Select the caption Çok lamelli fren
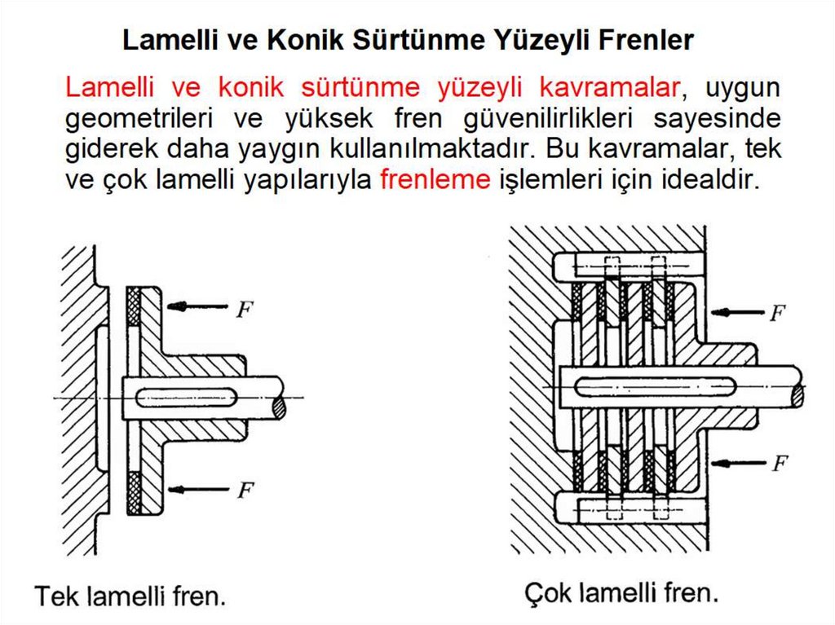pos(621,592)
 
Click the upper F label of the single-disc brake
pos(244,310)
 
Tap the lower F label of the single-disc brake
pos(244,491)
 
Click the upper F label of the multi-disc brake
pos(778,312)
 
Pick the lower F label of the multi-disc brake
pos(779,464)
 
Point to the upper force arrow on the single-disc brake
pos(197,306)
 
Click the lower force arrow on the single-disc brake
pos(197,488)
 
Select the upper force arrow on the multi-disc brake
pos(737,311)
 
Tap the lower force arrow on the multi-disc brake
pos(737,463)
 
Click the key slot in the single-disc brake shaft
pos(187,397)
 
